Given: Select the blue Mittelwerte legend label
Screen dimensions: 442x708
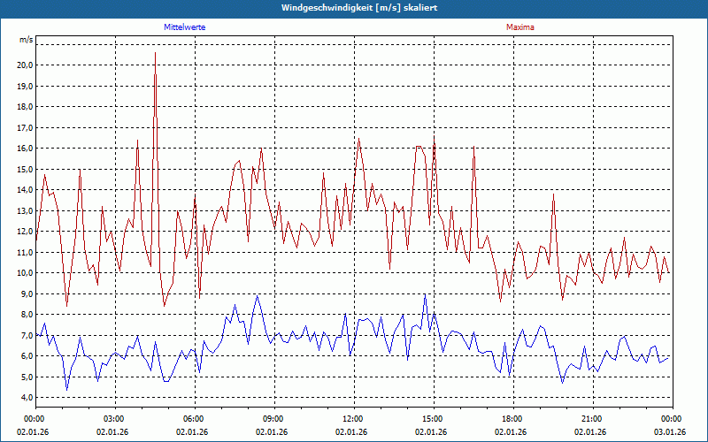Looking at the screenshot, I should [x=185, y=27].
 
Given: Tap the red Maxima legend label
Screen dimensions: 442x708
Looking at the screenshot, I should [x=519, y=27].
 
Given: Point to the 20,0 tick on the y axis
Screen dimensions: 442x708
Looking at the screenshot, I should [x=24, y=65].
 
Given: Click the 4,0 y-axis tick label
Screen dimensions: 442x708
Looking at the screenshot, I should [x=26, y=398].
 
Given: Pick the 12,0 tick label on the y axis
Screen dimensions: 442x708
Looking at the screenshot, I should [x=24, y=232].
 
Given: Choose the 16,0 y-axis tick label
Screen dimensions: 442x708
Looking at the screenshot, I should [x=24, y=148].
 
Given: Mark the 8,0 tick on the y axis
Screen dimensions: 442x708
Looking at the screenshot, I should [x=26, y=315].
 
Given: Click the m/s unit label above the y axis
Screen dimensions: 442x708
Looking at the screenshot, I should [x=26, y=40].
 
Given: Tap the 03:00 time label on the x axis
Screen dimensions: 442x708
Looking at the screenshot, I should [x=114, y=418].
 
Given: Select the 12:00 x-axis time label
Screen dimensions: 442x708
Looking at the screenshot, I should [x=353, y=418].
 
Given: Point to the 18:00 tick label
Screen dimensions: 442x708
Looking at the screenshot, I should [x=512, y=418].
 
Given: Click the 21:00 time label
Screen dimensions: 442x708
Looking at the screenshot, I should [x=592, y=418].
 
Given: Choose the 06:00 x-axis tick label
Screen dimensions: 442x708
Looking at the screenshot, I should [x=194, y=418].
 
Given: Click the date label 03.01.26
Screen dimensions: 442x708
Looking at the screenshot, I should [x=671, y=431].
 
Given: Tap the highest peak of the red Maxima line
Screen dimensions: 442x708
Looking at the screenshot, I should [x=156, y=54].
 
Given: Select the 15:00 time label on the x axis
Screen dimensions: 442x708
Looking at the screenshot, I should [x=433, y=418].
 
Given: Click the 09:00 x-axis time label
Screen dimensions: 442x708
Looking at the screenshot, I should [x=273, y=418].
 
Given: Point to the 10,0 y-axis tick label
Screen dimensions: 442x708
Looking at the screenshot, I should [x=24, y=273].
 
